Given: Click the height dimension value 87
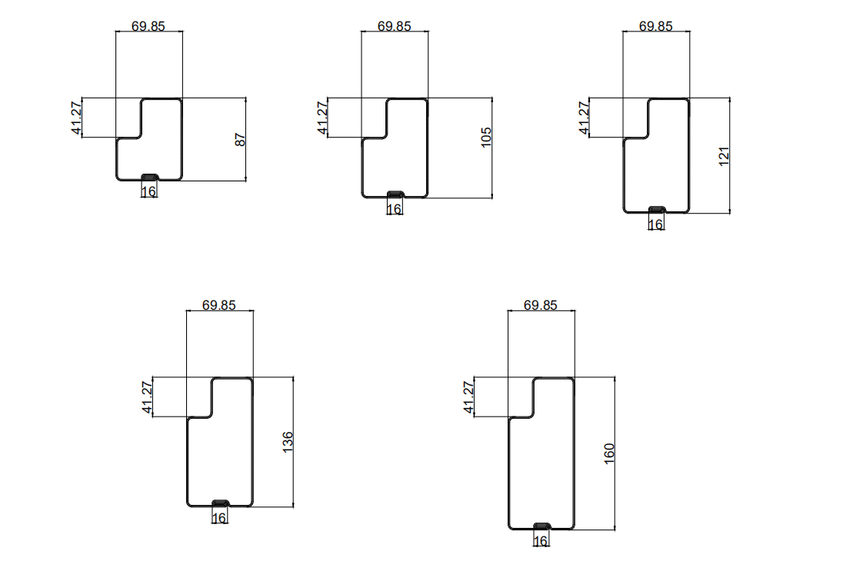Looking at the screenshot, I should pyautogui.click(x=240, y=140).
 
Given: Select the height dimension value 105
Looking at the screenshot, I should pyautogui.click(x=486, y=138).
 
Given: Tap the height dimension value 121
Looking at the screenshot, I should pyautogui.click(x=724, y=156).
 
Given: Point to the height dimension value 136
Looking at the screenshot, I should pyautogui.click(x=288, y=442).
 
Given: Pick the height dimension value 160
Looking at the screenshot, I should pyautogui.click(x=610, y=453).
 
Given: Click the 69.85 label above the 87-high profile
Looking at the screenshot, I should pyautogui.click(x=148, y=25).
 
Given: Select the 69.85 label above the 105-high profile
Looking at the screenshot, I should pyautogui.click(x=395, y=25).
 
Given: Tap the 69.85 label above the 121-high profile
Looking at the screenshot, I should pyautogui.click(x=655, y=25).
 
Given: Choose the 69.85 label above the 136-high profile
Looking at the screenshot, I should pyautogui.click(x=219, y=304).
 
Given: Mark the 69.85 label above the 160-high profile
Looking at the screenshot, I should pyautogui.click(x=540, y=304).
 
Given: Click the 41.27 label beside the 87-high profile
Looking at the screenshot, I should pyautogui.click(x=77, y=118).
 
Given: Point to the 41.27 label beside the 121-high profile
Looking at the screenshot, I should pyautogui.click(x=585, y=118).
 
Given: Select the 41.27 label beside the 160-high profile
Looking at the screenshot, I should pyautogui.click(x=469, y=397).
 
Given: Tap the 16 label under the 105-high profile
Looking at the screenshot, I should pyautogui.click(x=395, y=209).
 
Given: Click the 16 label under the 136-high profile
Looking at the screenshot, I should pyautogui.click(x=219, y=519).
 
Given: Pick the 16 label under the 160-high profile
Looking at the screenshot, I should pyautogui.click(x=541, y=542).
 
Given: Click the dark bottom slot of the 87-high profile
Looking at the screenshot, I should pyautogui.click(x=149, y=178).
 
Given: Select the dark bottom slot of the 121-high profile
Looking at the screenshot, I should pyautogui.click(x=656, y=209).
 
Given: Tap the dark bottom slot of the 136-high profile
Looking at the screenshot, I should pyautogui.click(x=220, y=503).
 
